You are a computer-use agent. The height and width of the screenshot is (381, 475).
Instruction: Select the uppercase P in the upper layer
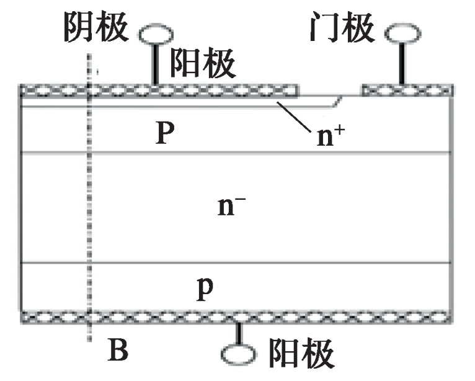point(163,133)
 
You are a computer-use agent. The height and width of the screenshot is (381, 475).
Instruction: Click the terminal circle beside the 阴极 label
point(151,34)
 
